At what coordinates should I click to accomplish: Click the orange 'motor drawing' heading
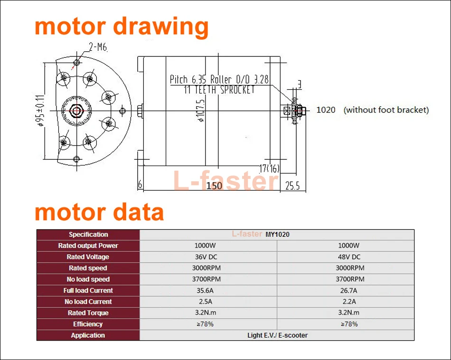pos(122,26)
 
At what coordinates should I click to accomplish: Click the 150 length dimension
pos(214,185)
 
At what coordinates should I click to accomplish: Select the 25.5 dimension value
pos(292,186)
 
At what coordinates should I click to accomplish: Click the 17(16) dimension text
pos(270,168)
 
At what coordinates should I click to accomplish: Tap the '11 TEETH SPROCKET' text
pos(219,90)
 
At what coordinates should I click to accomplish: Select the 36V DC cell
pos(208,257)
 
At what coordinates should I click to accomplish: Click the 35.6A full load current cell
pos(208,291)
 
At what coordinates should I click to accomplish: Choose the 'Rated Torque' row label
pos(88,313)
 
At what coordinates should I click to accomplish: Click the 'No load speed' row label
pos(88,279)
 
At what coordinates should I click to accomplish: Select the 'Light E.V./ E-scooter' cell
pos(277,335)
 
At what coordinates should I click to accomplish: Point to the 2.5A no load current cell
pos(208,302)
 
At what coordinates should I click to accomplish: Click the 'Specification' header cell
pos(88,234)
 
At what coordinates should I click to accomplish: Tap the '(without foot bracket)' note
pos(386,110)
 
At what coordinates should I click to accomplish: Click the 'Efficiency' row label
pos(88,324)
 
